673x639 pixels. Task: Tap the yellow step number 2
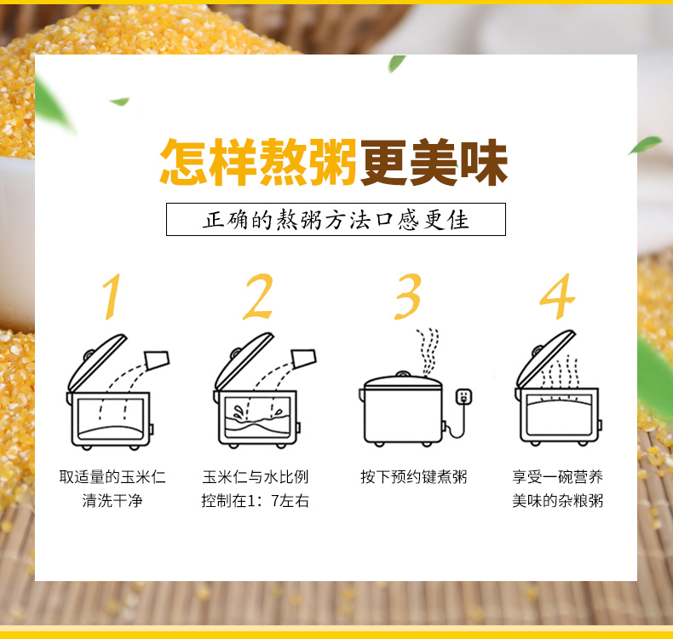point(258,296)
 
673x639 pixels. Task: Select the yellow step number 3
point(408,296)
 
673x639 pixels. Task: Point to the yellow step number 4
point(557,296)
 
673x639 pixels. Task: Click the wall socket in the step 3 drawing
point(463,396)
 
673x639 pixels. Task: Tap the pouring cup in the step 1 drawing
point(157,360)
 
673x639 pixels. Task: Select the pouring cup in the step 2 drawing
point(304,359)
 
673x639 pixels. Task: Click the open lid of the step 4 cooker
point(545,359)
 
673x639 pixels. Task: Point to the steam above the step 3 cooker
point(428,352)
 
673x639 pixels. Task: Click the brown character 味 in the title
point(484,162)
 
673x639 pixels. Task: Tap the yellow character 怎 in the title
point(185,162)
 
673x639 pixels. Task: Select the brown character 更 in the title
point(384,162)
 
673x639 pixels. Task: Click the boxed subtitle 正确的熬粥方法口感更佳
point(336,219)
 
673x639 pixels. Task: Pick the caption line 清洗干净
point(112,500)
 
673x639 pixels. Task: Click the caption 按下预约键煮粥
point(414,477)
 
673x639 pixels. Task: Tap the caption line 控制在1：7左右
point(256,500)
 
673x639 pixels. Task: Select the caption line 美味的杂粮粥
point(557,500)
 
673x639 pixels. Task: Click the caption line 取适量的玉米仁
point(112,477)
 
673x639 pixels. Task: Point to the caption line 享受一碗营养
point(557,477)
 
